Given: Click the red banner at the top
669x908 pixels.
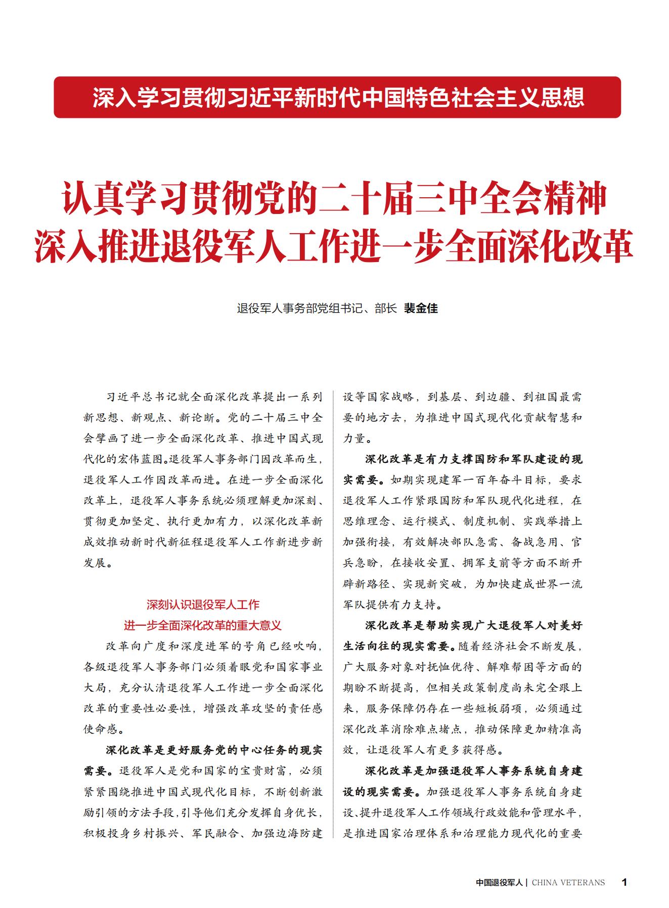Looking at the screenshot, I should point(337,97).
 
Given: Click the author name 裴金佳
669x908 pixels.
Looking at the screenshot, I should point(420,308).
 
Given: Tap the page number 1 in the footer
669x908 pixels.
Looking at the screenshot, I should point(624,882).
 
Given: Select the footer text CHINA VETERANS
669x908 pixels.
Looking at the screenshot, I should point(568,882).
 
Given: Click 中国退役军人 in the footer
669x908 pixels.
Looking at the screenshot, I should point(499,882).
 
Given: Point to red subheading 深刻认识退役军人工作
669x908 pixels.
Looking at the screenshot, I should point(203,604).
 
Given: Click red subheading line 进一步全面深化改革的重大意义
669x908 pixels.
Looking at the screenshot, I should point(203,625).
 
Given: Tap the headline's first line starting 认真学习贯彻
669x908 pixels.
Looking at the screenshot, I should point(334,200).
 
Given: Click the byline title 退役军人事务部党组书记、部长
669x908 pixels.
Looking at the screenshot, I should point(317,308).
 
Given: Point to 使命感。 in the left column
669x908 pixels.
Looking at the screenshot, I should point(101,729).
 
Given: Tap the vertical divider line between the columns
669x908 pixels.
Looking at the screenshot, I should point(333,607).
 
